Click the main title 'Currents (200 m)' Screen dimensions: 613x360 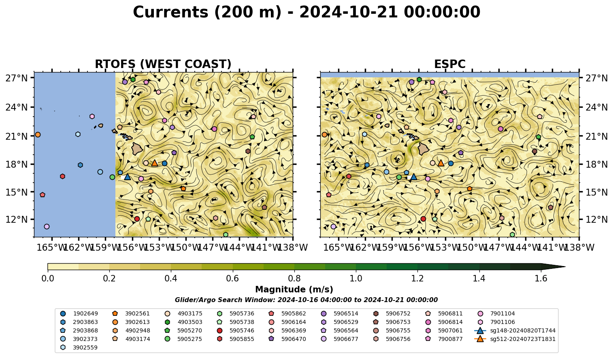pos(207,13)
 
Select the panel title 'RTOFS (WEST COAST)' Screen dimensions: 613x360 pos(163,64)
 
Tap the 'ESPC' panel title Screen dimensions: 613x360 pos(449,64)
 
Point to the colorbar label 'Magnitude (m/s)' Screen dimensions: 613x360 pos(294,290)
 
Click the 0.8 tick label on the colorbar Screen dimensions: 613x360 pos(294,279)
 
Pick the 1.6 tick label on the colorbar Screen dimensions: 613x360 pos(541,279)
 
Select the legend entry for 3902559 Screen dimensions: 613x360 pos(79,347)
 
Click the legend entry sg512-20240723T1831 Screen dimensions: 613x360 pos(515,339)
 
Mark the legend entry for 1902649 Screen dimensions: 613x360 pos(79,313)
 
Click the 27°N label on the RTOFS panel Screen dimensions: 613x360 pos(17,78)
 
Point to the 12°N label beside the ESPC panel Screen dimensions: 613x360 pos(596,219)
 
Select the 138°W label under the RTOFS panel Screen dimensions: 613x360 pos(293,247)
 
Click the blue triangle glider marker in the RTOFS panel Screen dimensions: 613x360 pos(128,177)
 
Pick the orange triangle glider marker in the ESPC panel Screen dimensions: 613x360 pos(441,163)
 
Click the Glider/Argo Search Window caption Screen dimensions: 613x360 pos(306,300)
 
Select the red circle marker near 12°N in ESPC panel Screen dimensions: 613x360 pos(424,219)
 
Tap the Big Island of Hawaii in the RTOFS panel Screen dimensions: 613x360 pos(137,149)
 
